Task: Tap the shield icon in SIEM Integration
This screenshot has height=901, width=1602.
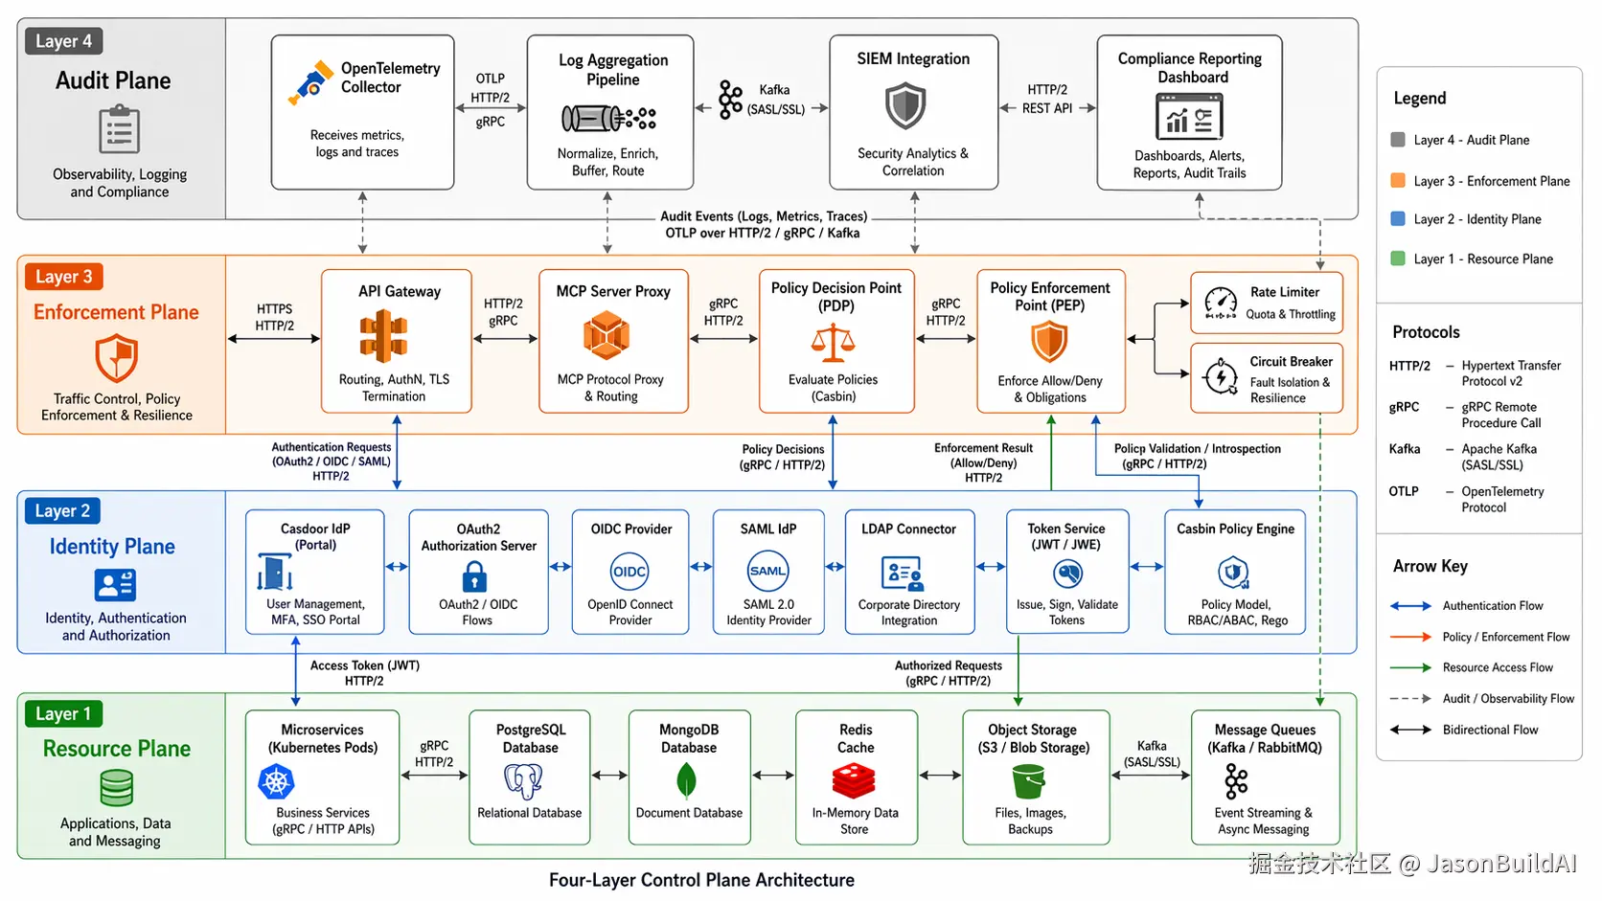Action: [x=905, y=105]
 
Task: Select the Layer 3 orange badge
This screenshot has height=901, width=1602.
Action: [x=63, y=277]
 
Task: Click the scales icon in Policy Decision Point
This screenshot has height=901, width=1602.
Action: [x=834, y=344]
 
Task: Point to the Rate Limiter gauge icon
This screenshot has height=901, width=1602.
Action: [x=1221, y=303]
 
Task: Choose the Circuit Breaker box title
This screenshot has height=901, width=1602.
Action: [x=1291, y=362]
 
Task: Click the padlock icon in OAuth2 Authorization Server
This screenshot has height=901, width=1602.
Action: [x=474, y=575]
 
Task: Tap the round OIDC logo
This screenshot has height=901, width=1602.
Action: [x=629, y=572]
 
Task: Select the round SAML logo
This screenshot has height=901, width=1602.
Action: [x=768, y=571]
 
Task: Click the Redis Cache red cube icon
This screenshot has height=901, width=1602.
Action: [x=854, y=780]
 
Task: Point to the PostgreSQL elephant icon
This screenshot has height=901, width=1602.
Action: [x=523, y=781]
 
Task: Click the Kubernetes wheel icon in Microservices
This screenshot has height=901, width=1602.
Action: [x=276, y=781]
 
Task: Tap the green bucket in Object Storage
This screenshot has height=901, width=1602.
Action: [x=1028, y=781]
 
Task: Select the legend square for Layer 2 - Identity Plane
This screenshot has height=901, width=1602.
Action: [x=1398, y=218]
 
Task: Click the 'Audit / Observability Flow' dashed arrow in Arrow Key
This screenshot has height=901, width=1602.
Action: [x=1410, y=699]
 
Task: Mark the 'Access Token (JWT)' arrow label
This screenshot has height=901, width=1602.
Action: [x=365, y=665]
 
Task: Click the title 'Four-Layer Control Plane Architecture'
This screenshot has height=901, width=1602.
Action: [x=701, y=880]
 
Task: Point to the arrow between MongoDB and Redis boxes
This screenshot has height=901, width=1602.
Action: [x=773, y=776]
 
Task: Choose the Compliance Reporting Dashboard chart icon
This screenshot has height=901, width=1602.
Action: [x=1189, y=117]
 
